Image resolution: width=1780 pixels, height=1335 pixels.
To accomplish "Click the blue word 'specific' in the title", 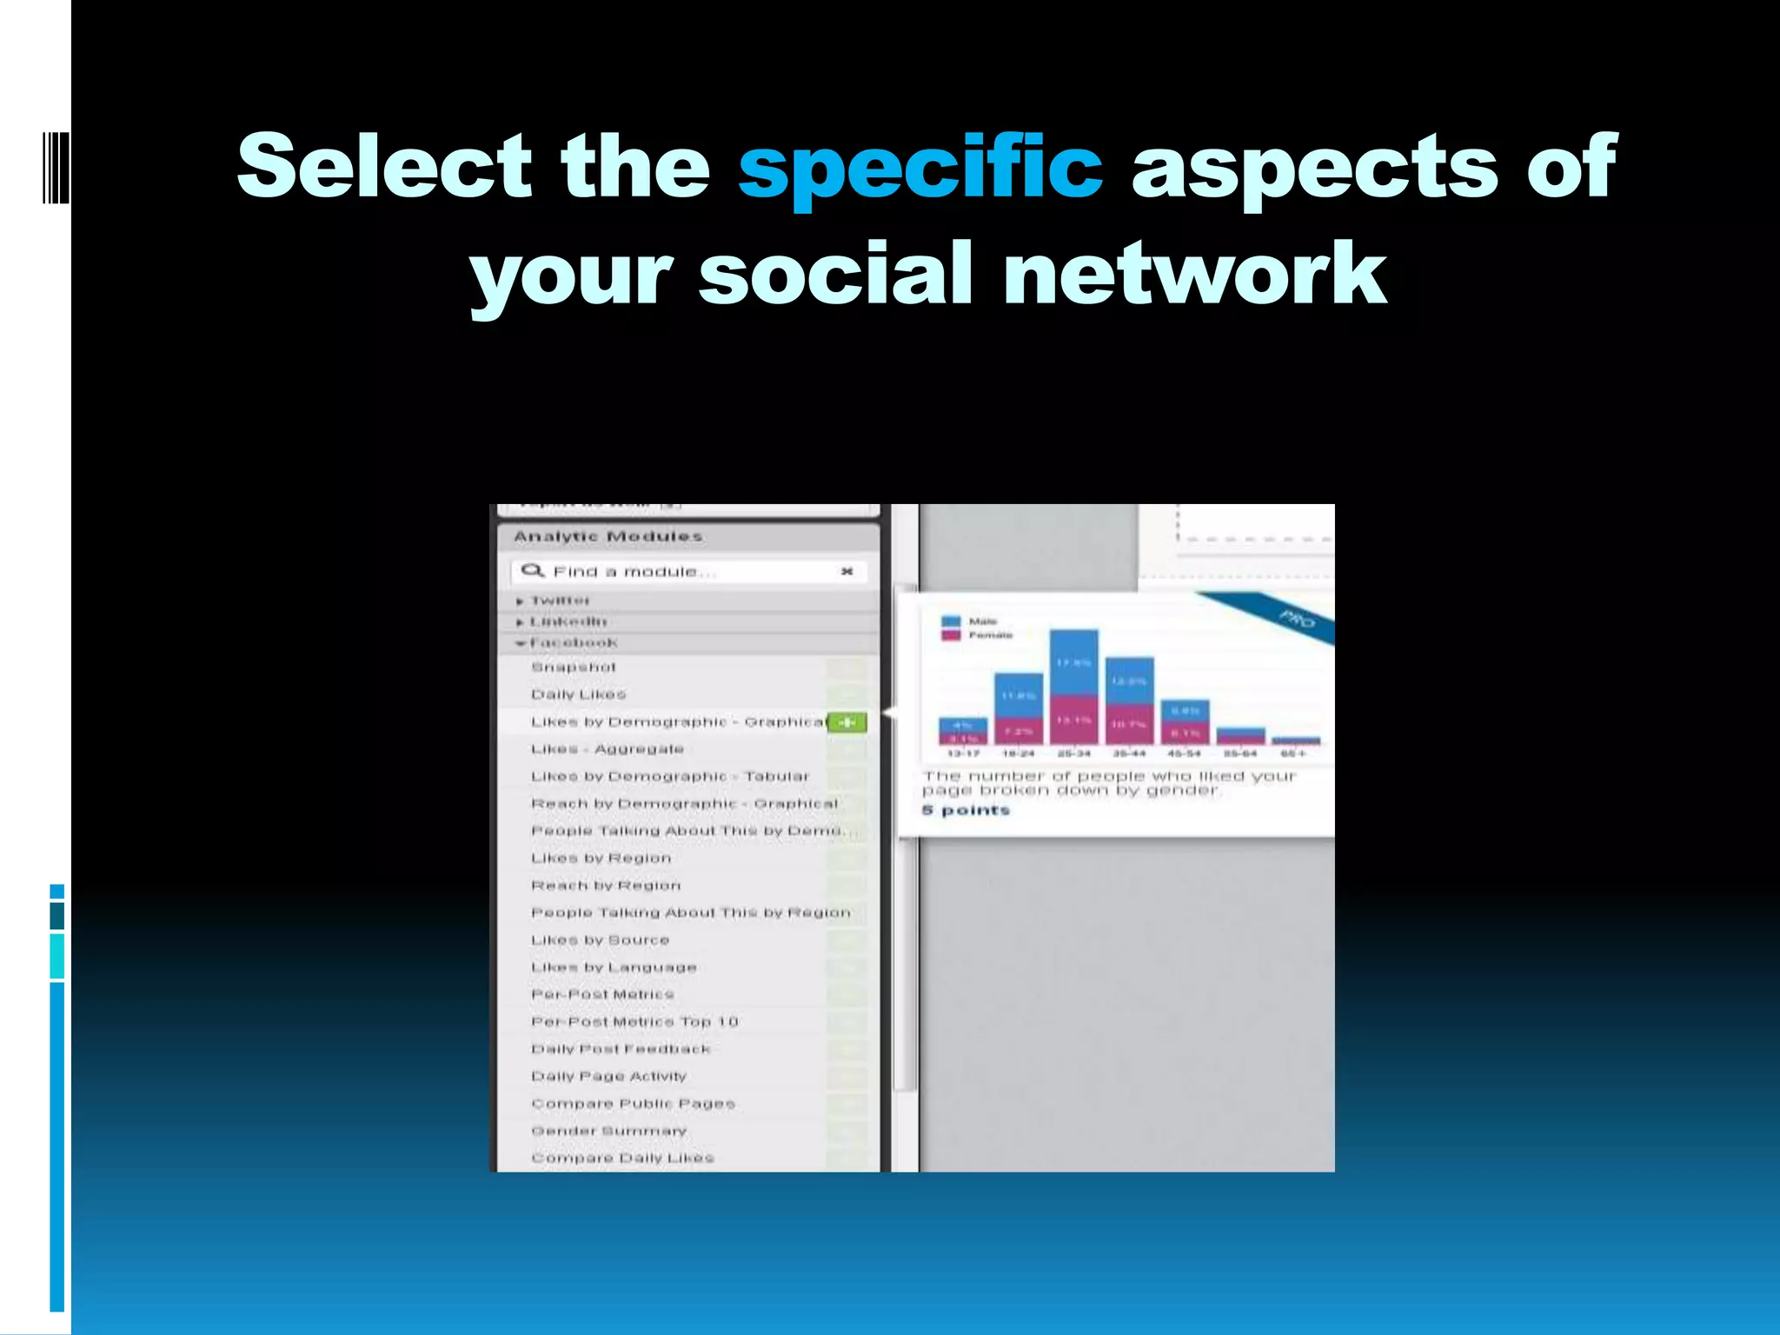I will coord(920,167).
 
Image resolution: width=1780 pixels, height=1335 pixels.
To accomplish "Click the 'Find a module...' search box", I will coord(687,571).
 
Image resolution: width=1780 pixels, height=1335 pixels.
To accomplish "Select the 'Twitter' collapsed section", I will coord(560,601).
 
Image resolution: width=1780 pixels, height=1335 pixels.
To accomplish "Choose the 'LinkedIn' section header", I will coord(568,621).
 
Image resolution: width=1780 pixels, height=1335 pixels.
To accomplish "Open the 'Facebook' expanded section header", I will coord(574,643).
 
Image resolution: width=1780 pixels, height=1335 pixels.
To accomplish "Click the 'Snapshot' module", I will coord(574,667).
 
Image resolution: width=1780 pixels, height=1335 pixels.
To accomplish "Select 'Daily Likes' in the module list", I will coord(579,694).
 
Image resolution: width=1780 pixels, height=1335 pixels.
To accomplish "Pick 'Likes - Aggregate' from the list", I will coord(608,749).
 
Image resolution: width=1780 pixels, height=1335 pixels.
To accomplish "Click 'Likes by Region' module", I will coord(601,859).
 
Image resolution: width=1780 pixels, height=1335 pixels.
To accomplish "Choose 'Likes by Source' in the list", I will coord(601,940).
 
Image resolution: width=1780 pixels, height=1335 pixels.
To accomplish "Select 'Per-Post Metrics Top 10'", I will coord(634,1022).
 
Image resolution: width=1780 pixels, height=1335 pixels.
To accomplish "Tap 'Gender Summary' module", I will coord(609,1131).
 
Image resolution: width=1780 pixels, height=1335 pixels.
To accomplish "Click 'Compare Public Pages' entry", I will coord(633,1104).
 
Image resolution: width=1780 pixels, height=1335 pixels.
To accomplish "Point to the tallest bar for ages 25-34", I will coord(1074,687).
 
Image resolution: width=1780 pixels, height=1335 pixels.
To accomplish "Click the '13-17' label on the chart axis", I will coord(963,754).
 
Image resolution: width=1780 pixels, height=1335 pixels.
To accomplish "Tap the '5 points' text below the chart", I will coord(966,811).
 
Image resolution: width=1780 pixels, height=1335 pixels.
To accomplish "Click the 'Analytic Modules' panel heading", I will coord(608,536).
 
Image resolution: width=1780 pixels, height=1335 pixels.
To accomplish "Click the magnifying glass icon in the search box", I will coord(532,571).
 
